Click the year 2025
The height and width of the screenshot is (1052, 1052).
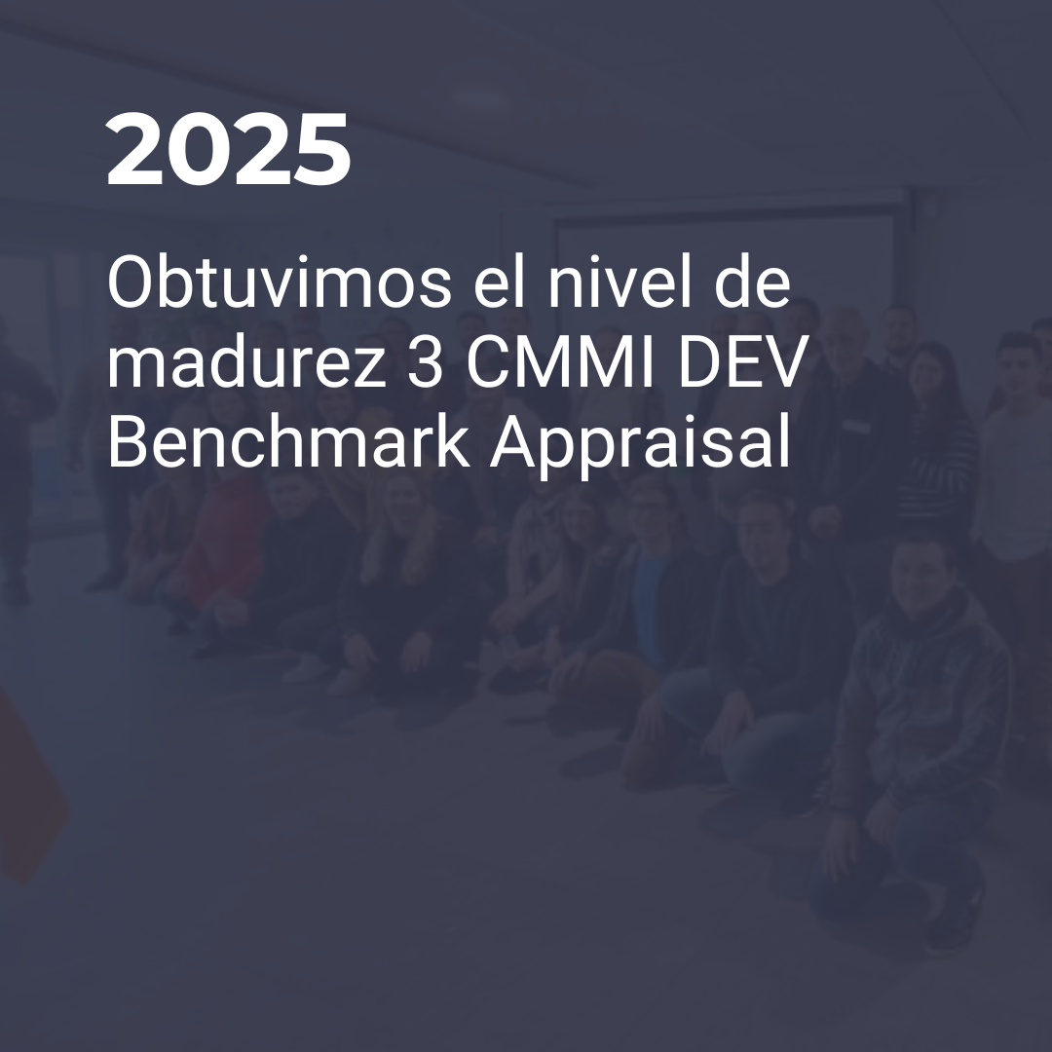coord(228,149)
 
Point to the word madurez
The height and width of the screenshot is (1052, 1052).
coord(246,363)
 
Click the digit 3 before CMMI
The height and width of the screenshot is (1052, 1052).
coord(426,364)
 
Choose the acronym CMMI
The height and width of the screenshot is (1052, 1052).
coord(560,363)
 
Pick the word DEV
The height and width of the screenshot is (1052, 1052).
coord(740,363)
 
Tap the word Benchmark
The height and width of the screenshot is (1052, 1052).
coord(288,443)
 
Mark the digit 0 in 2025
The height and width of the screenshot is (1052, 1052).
coord(197,149)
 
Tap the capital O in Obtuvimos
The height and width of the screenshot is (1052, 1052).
coord(128,283)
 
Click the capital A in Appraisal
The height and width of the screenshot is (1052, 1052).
coord(514,443)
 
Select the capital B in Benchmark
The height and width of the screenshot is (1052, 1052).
coord(126,443)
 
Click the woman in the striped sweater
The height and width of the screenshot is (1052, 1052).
coord(936,430)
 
